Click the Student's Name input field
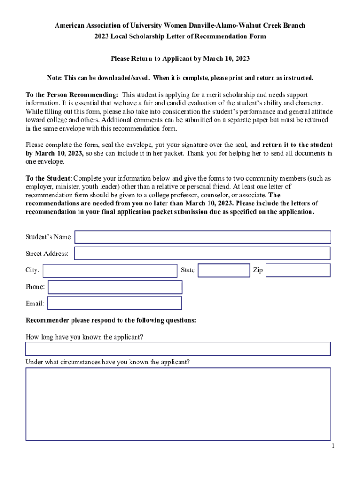coord(202,237)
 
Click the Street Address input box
coord(202,254)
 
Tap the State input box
coord(223,270)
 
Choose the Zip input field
coord(298,270)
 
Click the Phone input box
coord(115,287)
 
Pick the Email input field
coord(115,303)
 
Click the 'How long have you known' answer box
coord(178,349)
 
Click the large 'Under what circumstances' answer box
coord(178,404)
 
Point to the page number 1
coord(332,446)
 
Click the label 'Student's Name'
coord(48,237)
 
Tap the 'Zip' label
coord(258,270)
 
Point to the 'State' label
coord(187,270)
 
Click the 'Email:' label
coord(35,304)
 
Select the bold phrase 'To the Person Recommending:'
coord(72,95)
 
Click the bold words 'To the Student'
coord(47,178)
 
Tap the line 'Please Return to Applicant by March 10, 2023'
coord(180,59)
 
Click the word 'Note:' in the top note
coord(54,78)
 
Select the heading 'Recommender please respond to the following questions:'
coord(111,320)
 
